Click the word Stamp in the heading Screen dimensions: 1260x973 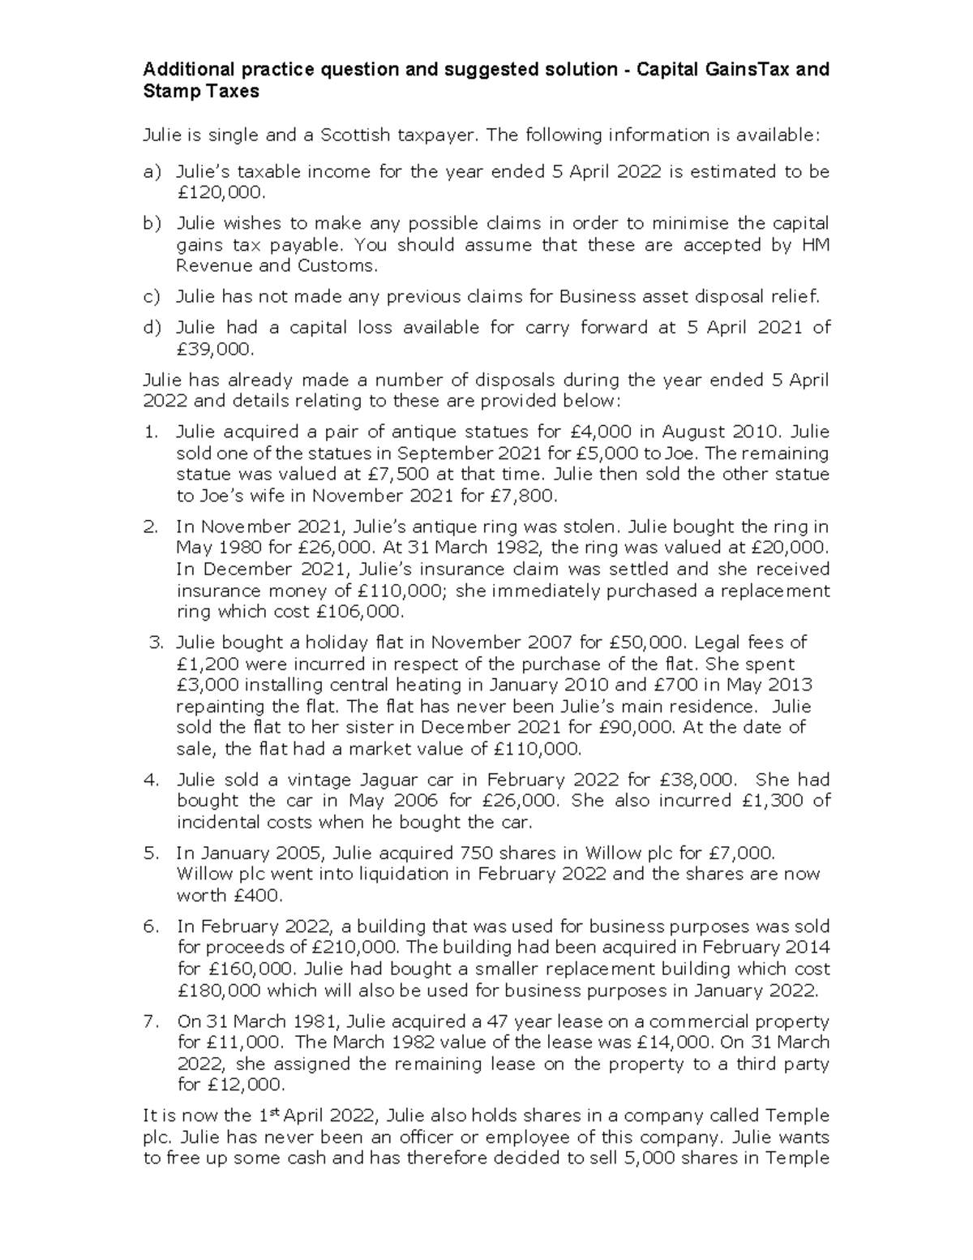point(167,91)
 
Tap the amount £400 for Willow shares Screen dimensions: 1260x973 point(256,896)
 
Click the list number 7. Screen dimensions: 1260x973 point(150,1021)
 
